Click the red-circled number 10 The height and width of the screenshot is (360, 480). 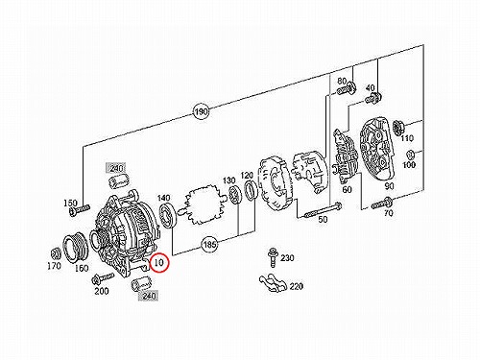[x=159, y=262]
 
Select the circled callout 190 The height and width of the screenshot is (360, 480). [x=201, y=111]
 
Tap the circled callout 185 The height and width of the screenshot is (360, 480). [x=209, y=245]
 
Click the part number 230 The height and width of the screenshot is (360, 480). [x=287, y=258]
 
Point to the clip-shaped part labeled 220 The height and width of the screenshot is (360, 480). [x=273, y=283]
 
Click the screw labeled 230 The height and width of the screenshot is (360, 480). [x=273, y=257]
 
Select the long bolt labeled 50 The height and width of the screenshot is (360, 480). [x=324, y=210]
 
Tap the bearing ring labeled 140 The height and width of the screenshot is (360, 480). [x=167, y=216]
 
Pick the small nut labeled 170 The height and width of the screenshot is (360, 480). [x=56, y=253]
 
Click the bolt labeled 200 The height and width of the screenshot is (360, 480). [x=103, y=278]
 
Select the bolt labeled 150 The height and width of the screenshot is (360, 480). [x=79, y=210]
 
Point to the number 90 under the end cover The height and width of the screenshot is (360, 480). [x=389, y=186]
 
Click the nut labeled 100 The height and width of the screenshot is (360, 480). [x=410, y=155]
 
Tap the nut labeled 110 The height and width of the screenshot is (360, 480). [x=397, y=127]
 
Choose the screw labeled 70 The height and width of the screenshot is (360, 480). [x=382, y=203]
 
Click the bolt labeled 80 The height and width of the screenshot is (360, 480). [x=347, y=89]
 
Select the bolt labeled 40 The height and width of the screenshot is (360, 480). [x=372, y=98]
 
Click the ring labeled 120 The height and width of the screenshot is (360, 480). [x=251, y=190]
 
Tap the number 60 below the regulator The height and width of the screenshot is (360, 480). [x=348, y=189]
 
